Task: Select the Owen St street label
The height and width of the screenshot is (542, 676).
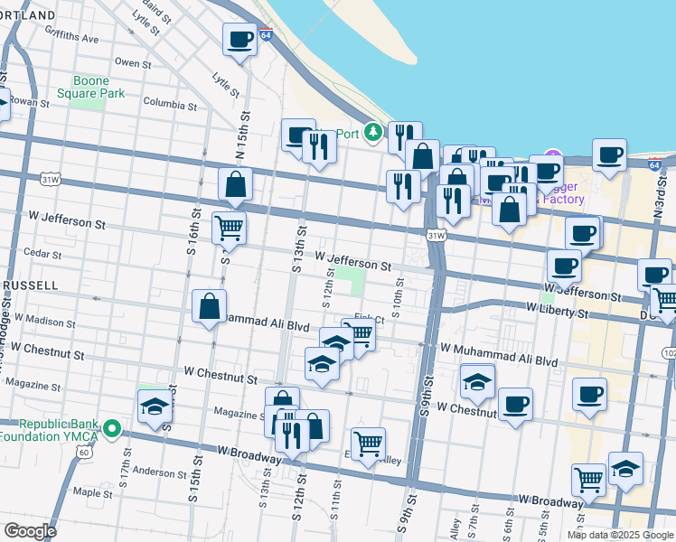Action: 133,63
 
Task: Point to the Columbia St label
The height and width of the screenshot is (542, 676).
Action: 169,105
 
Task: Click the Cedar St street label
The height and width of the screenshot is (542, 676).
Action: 42,253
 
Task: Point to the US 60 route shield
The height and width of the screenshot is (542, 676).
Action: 83,451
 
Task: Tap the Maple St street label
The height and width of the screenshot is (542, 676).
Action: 93,492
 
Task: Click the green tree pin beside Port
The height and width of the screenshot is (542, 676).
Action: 372,134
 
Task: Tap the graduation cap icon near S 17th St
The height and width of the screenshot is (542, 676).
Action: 155,406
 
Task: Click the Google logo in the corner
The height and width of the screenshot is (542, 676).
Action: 30,530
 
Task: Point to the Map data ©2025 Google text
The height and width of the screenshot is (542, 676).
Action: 620,535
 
